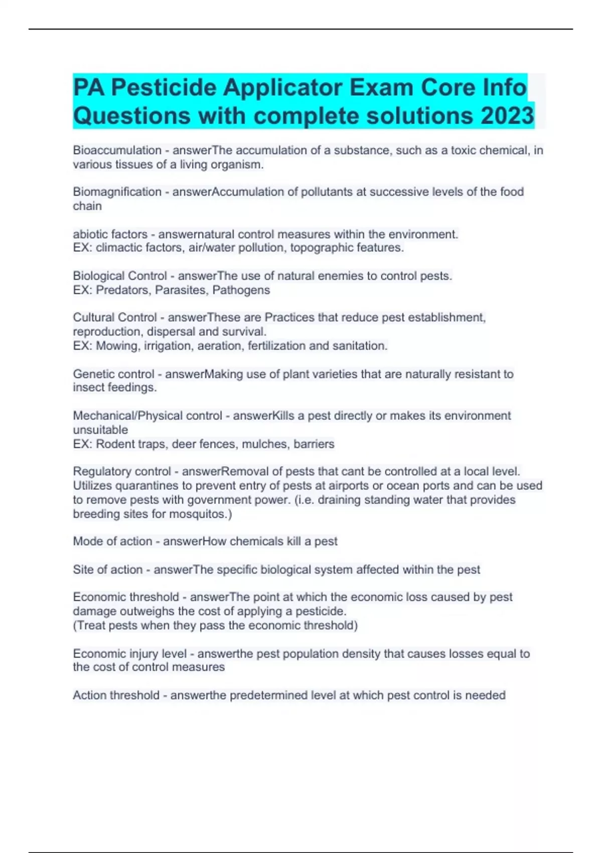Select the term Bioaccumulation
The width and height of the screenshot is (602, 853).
click(117, 150)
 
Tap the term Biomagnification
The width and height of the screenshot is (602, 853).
click(117, 192)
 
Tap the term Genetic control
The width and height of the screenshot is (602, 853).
click(113, 374)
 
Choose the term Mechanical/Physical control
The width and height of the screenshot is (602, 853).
click(147, 415)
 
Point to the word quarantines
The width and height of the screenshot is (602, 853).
click(146, 486)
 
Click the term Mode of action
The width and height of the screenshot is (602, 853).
click(112, 541)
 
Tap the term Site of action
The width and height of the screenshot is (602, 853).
click(107, 570)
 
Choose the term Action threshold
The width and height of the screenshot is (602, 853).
click(116, 695)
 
